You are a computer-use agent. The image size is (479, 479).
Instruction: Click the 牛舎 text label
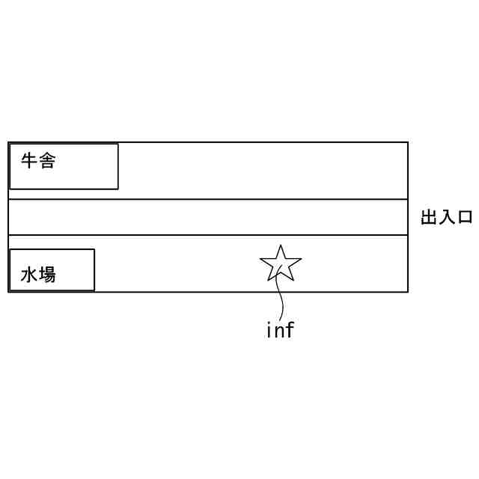pos(38,161)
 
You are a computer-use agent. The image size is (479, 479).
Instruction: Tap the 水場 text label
pos(38,275)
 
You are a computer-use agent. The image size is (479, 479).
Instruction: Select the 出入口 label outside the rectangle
pos(447,218)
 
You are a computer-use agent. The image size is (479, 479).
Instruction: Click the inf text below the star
pos(280,329)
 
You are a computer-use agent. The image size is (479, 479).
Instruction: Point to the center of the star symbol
pos(281,265)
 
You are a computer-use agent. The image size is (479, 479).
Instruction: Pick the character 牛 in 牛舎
pos(29,161)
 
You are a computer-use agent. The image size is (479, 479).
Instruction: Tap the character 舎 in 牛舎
pos(47,161)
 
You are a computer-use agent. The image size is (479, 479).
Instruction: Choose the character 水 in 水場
pos(29,275)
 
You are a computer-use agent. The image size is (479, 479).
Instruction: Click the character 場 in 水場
pos(47,275)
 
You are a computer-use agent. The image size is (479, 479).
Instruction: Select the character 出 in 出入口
pos(429,218)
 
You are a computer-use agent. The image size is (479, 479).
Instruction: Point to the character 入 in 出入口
pos(447,218)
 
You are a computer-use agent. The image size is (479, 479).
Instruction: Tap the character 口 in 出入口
pos(465,218)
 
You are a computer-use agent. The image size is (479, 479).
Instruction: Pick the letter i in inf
pos(269,329)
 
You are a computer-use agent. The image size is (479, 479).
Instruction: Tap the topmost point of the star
pos(280,245)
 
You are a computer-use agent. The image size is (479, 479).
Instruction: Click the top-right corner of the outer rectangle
pos(408,142)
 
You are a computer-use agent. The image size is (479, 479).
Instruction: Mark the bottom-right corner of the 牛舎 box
pos(118,189)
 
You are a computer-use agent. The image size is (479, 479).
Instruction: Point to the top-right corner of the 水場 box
pos(94,249)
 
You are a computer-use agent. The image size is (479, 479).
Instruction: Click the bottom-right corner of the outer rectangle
pos(408,291)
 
